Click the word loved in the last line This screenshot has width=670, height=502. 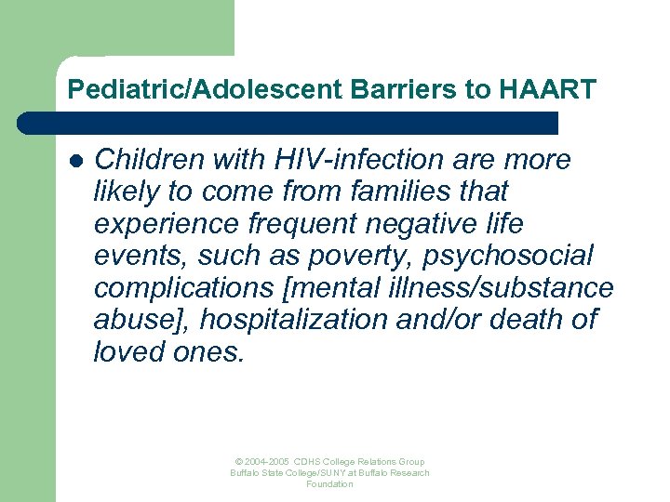tap(125, 351)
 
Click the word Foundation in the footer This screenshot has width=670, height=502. tap(329, 484)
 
